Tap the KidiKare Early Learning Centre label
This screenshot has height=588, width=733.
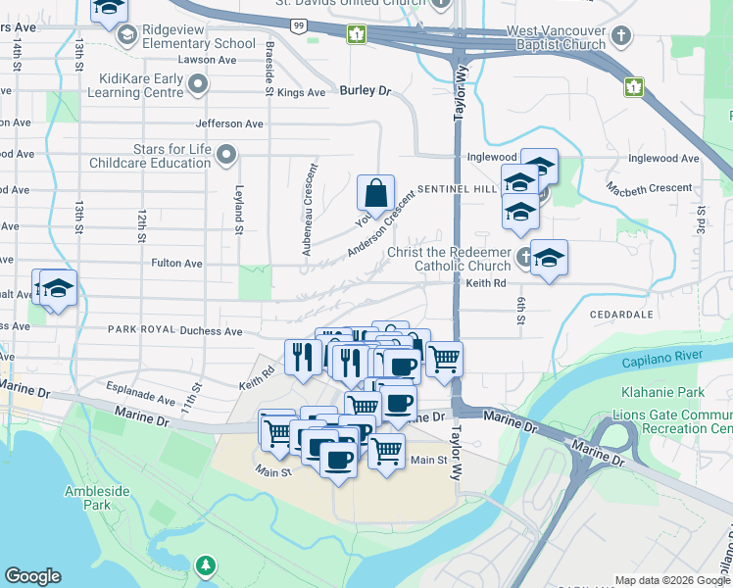coord(141,85)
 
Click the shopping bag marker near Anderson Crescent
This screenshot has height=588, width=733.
coord(376,194)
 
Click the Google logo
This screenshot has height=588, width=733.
coord(32,576)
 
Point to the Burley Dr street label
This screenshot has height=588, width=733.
coord(365,91)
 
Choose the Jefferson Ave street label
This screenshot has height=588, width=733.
coord(229,123)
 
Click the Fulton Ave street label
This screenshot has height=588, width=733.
coord(176,263)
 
